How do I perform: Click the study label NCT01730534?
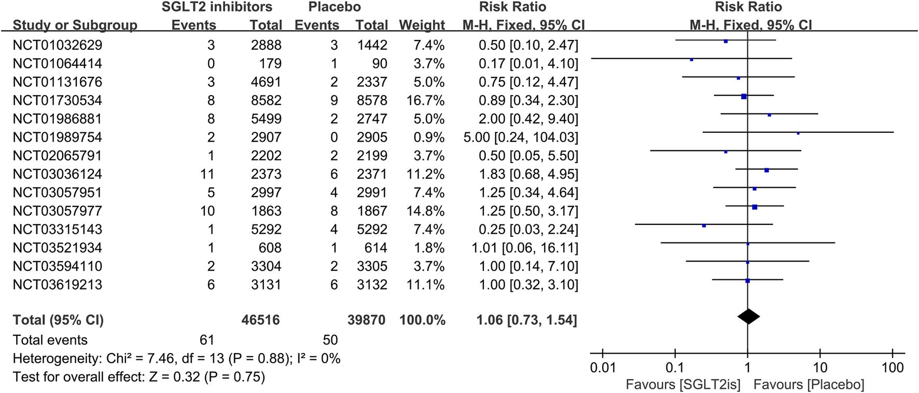click(x=57, y=100)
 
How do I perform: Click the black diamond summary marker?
click(x=748, y=316)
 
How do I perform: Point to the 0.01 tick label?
click(x=603, y=368)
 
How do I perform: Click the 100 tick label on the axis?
click(x=892, y=368)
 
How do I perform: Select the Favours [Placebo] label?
click(x=809, y=385)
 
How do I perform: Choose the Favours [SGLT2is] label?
click(x=683, y=385)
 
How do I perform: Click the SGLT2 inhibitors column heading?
click(x=216, y=7)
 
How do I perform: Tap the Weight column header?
click(x=422, y=25)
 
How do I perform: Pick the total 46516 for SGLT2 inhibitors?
click(x=260, y=320)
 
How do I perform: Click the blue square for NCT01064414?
click(x=691, y=60)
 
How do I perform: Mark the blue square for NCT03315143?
click(x=704, y=226)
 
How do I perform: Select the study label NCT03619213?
click(x=57, y=284)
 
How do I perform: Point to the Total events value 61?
click(x=206, y=340)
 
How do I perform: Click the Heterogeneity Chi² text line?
click(x=176, y=359)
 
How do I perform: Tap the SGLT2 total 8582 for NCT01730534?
click(x=266, y=100)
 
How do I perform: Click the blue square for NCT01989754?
click(x=798, y=133)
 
